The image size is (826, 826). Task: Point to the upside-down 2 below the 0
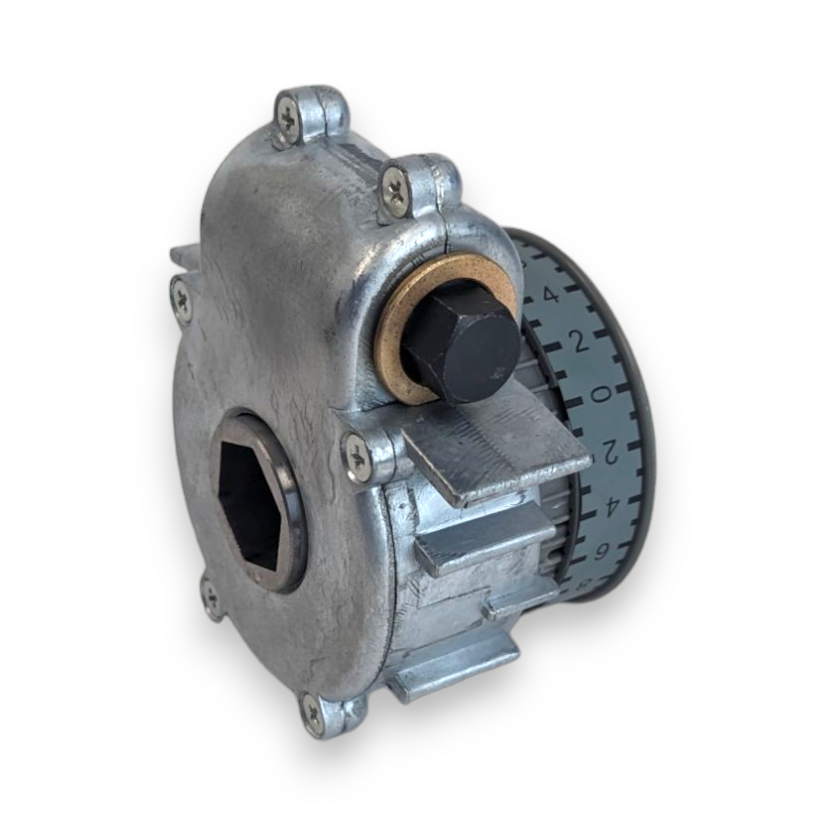610,450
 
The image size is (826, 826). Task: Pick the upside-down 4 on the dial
610,505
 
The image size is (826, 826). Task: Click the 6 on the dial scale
601,552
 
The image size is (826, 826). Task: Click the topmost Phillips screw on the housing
290,120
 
